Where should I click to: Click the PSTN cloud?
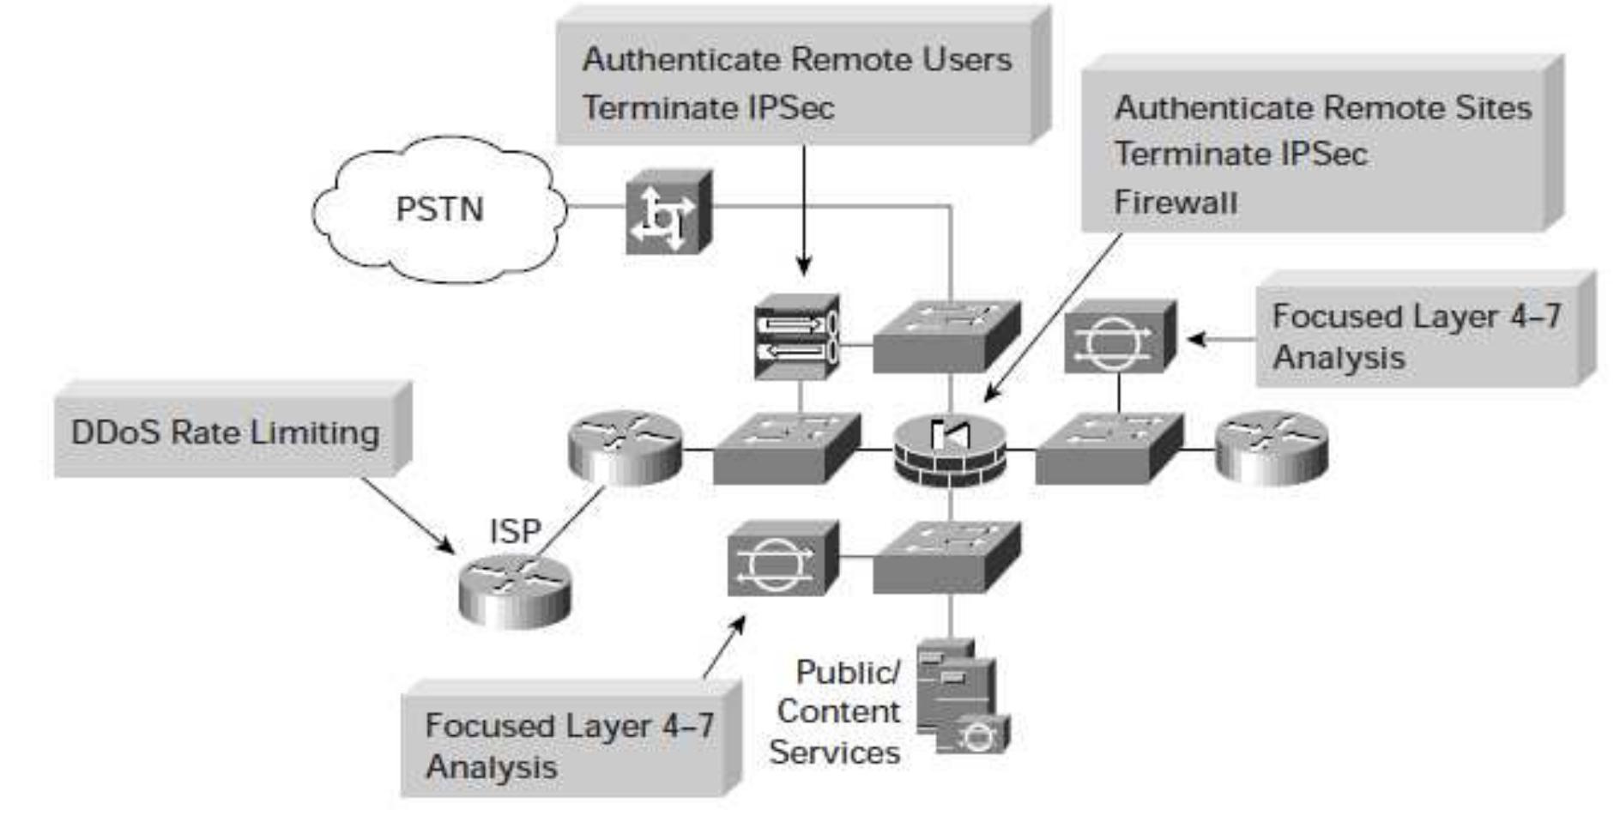coord(438,209)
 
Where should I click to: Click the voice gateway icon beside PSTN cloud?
coord(668,213)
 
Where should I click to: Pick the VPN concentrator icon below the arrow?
coord(797,337)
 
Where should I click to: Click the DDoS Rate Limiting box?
coord(226,432)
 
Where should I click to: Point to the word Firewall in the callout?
coord(1175,202)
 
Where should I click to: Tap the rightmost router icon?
coord(1272,447)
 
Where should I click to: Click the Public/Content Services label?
coord(836,711)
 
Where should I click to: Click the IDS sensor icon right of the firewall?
coord(1118,338)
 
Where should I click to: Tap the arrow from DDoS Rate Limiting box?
coord(407,515)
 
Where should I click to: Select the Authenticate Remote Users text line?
coord(796,59)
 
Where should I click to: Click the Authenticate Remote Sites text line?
coord(1322,108)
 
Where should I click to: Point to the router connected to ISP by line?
coord(625,447)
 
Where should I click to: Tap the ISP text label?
coord(515,531)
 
